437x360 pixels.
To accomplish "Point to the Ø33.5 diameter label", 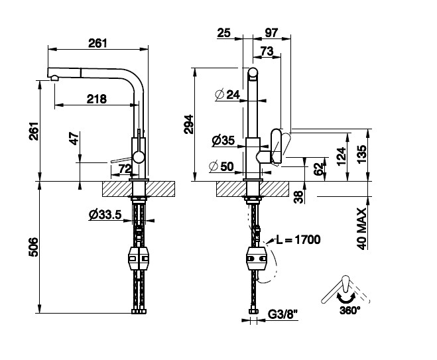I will coord(103,214).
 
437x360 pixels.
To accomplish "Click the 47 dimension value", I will coord(74,140).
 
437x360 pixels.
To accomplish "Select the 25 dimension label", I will coord(223,32).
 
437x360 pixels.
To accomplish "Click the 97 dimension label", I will coord(271,32).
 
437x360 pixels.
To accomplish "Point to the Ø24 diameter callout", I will coord(227,95).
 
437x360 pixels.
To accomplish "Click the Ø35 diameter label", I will coord(223,141).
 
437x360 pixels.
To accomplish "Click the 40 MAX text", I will coord(362,227).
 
